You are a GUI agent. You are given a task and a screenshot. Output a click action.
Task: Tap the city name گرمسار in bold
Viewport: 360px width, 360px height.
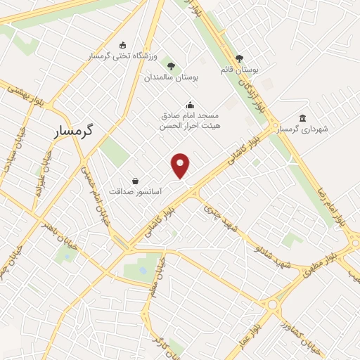click(x=77, y=131)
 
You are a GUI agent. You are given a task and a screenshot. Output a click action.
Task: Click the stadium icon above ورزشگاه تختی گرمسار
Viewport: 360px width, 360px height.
click(x=123, y=45)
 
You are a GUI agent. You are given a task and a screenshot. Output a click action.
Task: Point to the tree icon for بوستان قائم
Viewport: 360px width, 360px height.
click(x=239, y=59)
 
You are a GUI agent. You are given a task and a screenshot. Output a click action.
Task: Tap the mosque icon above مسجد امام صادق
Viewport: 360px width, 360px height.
click(x=188, y=105)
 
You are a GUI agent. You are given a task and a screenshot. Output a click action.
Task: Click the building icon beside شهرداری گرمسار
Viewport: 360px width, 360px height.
click(x=302, y=118)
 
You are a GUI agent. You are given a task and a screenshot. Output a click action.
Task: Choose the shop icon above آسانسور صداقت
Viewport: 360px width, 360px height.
click(x=135, y=181)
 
